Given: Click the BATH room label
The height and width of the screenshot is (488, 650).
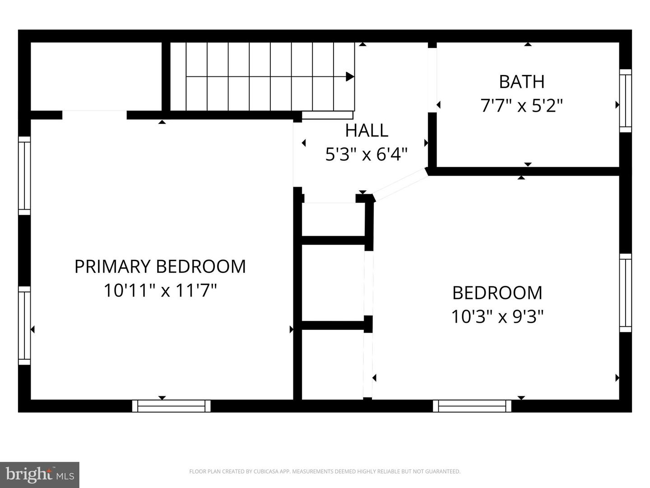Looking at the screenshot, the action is [521, 82].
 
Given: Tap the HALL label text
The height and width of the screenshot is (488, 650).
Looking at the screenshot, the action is [367, 131].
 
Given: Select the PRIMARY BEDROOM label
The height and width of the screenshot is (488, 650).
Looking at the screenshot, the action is [160, 267].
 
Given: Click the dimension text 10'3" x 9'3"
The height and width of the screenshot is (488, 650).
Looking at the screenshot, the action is [497, 317].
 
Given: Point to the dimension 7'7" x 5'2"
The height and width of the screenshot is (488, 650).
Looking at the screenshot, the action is [521, 106].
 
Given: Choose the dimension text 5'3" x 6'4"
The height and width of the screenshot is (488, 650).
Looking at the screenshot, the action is [367, 155].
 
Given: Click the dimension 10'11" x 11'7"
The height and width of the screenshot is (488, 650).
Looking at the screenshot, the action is [160, 290].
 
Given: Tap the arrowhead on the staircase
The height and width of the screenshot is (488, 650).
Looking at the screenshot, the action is [350, 76].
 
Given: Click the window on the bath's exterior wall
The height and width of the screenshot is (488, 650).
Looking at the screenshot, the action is [626, 101].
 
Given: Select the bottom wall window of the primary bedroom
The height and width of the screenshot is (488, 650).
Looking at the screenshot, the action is [171, 406].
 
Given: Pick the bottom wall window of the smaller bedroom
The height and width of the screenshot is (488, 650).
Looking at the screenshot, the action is [472, 406].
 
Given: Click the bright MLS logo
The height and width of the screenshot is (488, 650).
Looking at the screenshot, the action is [40, 475].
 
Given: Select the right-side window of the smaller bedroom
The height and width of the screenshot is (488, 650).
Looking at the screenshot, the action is [626, 293].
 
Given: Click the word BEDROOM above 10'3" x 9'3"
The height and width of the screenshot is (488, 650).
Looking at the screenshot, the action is [497, 293].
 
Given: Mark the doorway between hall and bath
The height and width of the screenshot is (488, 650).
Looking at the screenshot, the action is [432, 80].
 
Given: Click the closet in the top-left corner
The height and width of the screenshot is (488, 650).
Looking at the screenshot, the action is [96, 76].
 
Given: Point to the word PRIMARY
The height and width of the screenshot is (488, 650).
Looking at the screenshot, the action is [112, 267].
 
